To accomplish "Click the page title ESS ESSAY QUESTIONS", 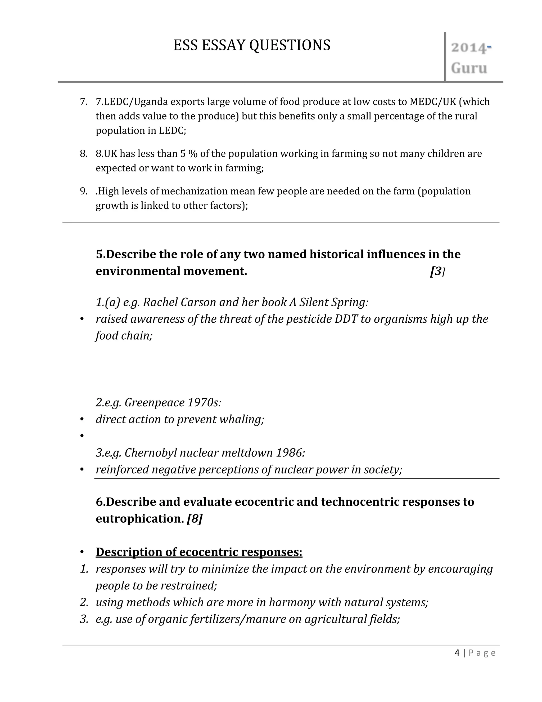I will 252,45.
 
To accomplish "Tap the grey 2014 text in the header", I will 468,48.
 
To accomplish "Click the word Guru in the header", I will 469,68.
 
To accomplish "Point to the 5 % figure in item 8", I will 188,154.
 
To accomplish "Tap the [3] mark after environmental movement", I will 437,271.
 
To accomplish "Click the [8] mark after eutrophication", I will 195,518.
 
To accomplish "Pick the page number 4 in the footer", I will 457,652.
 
